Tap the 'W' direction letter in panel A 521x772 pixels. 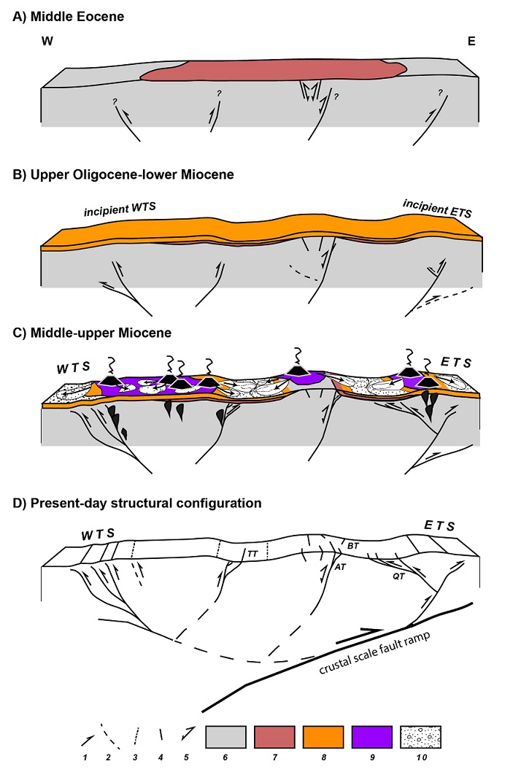coord(48,42)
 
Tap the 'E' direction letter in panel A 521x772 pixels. coord(471,42)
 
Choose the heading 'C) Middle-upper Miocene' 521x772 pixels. coord(93,332)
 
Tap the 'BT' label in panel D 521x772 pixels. coord(352,544)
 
